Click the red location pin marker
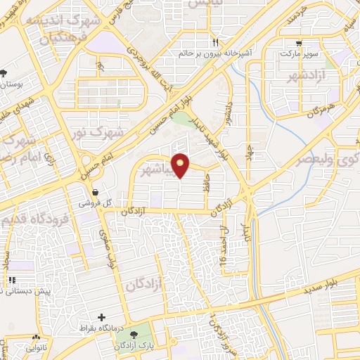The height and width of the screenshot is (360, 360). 181,165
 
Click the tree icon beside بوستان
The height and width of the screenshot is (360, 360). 5,72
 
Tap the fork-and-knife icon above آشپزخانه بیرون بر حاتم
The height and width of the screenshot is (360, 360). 215,42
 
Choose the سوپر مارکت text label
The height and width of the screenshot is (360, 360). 300,53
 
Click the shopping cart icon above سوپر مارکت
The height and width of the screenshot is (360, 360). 300,42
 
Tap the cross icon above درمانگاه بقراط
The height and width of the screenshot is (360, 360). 102,319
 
